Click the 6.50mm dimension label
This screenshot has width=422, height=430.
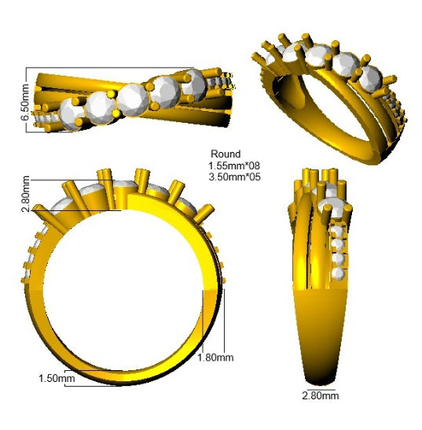click(x=24, y=102)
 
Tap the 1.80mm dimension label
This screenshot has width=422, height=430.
click(x=215, y=358)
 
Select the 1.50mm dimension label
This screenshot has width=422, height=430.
click(x=57, y=379)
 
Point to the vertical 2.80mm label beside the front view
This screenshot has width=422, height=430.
click(x=26, y=194)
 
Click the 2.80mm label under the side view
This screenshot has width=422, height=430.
click(x=321, y=395)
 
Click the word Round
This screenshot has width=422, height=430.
click(x=226, y=154)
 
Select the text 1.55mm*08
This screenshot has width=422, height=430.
click(x=234, y=165)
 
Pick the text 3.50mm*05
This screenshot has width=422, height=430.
click(x=234, y=177)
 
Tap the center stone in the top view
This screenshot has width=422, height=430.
click(x=133, y=100)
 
